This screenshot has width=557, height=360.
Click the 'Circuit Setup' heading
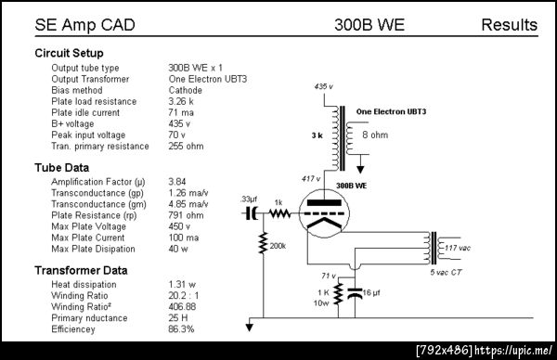69,53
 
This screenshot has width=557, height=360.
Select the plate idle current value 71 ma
181,112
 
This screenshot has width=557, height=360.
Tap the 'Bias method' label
77,90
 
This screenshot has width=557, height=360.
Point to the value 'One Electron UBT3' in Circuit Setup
207,79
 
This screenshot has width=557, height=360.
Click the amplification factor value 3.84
177,182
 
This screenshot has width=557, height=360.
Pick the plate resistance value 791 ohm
186,215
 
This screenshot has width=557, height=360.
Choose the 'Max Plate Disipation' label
93,249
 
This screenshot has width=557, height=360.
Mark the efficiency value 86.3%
181,329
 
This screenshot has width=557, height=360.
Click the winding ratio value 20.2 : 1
184,295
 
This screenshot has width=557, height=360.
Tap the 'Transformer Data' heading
81,271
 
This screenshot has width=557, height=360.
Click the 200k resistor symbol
264,243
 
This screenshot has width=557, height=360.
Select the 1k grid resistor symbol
280,213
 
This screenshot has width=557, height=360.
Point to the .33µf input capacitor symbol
252,213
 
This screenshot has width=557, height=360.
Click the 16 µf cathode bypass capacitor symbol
355,293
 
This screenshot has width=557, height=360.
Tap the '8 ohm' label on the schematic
375,135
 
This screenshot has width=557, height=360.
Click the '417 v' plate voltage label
311,178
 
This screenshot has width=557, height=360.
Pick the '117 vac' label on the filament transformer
458,248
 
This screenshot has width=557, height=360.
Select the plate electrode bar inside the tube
324,202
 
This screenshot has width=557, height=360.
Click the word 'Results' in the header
509,25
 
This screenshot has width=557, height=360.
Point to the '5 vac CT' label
446,272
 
